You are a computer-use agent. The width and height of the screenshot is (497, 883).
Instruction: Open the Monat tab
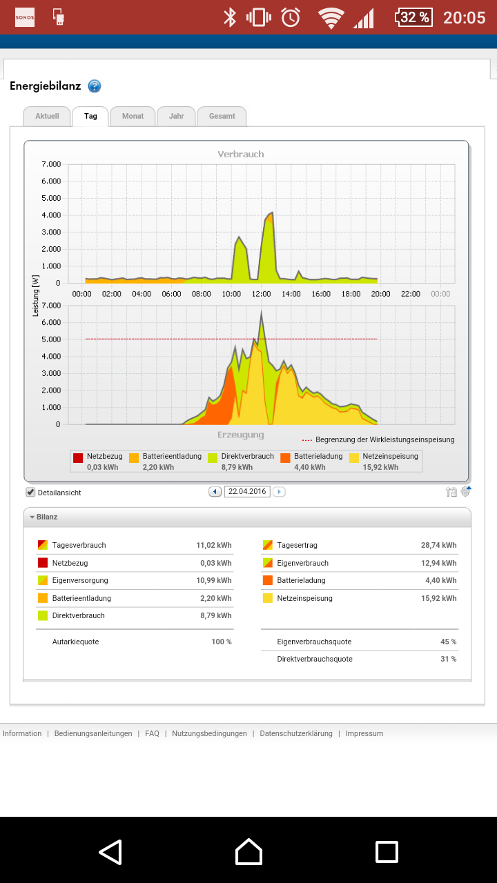click(x=133, y=117)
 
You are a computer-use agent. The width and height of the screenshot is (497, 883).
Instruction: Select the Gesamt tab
click(x=222, y=117)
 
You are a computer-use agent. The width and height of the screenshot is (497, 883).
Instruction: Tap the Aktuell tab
click(x=47, y=117)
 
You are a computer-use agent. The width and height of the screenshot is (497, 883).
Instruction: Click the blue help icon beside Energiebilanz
click(x=95, y=86)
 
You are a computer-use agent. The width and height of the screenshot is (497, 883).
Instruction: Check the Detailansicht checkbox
click(x=30, y=492)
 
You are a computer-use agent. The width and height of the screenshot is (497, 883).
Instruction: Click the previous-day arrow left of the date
click(x=215, y=492)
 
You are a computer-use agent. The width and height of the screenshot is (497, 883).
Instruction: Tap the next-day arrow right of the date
click(x=279, y=492)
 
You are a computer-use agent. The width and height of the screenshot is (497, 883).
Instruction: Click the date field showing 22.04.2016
click(x=247, y=492)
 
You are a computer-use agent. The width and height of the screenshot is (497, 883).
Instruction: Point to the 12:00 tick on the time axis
click(x=261, y=294)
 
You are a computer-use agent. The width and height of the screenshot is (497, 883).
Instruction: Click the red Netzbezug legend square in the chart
click(x=78, y=457)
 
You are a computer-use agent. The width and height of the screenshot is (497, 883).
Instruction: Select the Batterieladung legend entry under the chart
click(x=311, y=462)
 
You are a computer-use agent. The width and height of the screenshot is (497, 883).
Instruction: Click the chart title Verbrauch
click(x=241, y=154)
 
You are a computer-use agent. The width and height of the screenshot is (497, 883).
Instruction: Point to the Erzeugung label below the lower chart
click(x=241, y=435)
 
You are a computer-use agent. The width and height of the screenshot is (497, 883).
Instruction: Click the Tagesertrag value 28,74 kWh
click(x=438, y=545)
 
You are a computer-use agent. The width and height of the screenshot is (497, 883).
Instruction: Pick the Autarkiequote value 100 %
click(x=222, y=642)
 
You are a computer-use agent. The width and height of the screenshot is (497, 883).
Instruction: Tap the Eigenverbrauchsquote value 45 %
click(x=449, y=642)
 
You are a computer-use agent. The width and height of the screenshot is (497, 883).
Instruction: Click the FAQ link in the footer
click(x=152, y=733)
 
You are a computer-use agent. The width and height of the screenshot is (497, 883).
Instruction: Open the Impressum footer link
click(x=364, y=733)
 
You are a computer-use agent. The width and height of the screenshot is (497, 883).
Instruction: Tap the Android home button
click(x=248, y=851)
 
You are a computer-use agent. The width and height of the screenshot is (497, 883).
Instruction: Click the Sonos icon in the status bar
click(x=24, y=17)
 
